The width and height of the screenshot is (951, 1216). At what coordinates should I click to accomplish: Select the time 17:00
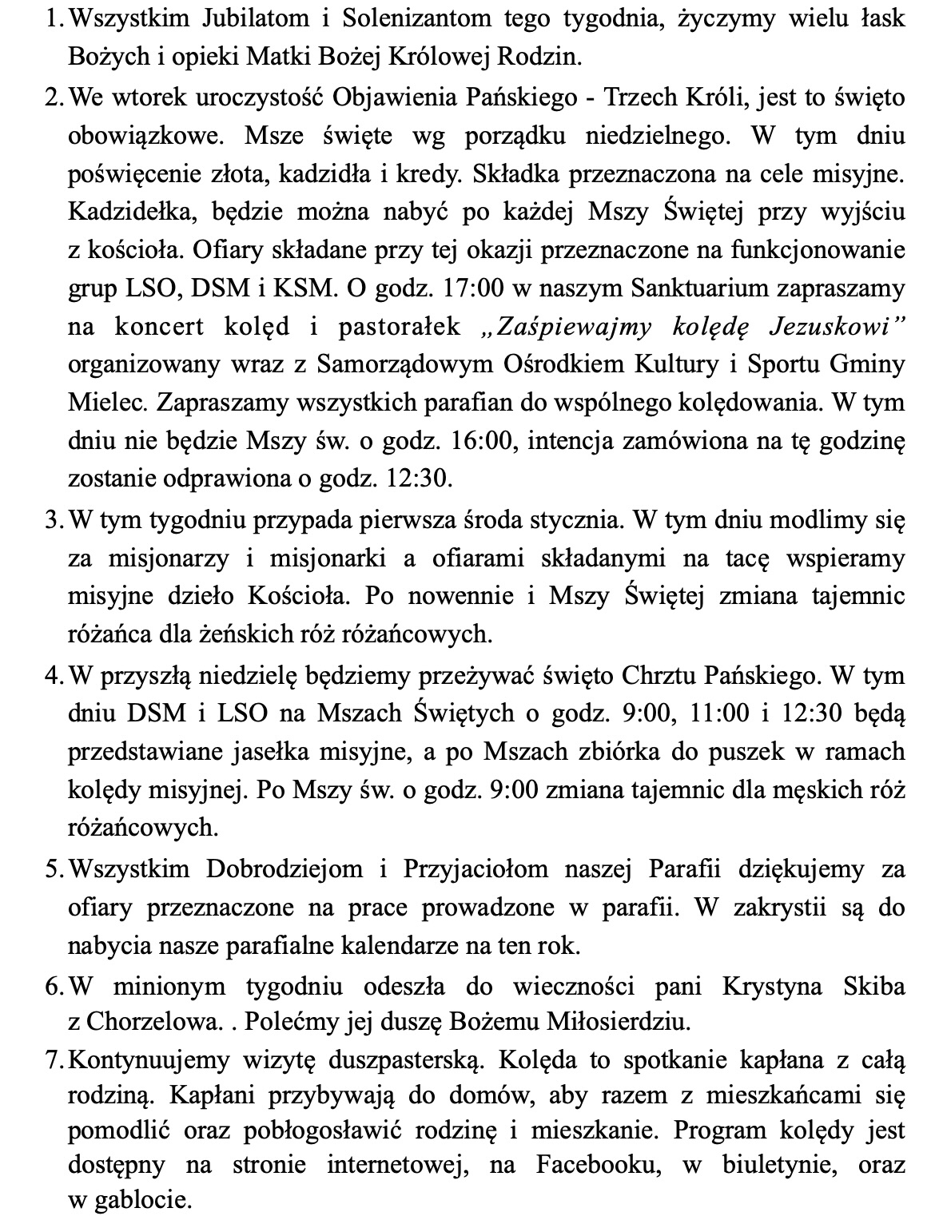pyautogui.click(x=461, y=288)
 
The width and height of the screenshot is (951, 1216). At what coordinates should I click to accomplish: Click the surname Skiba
pyautogui.click(x=874, y=987)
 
